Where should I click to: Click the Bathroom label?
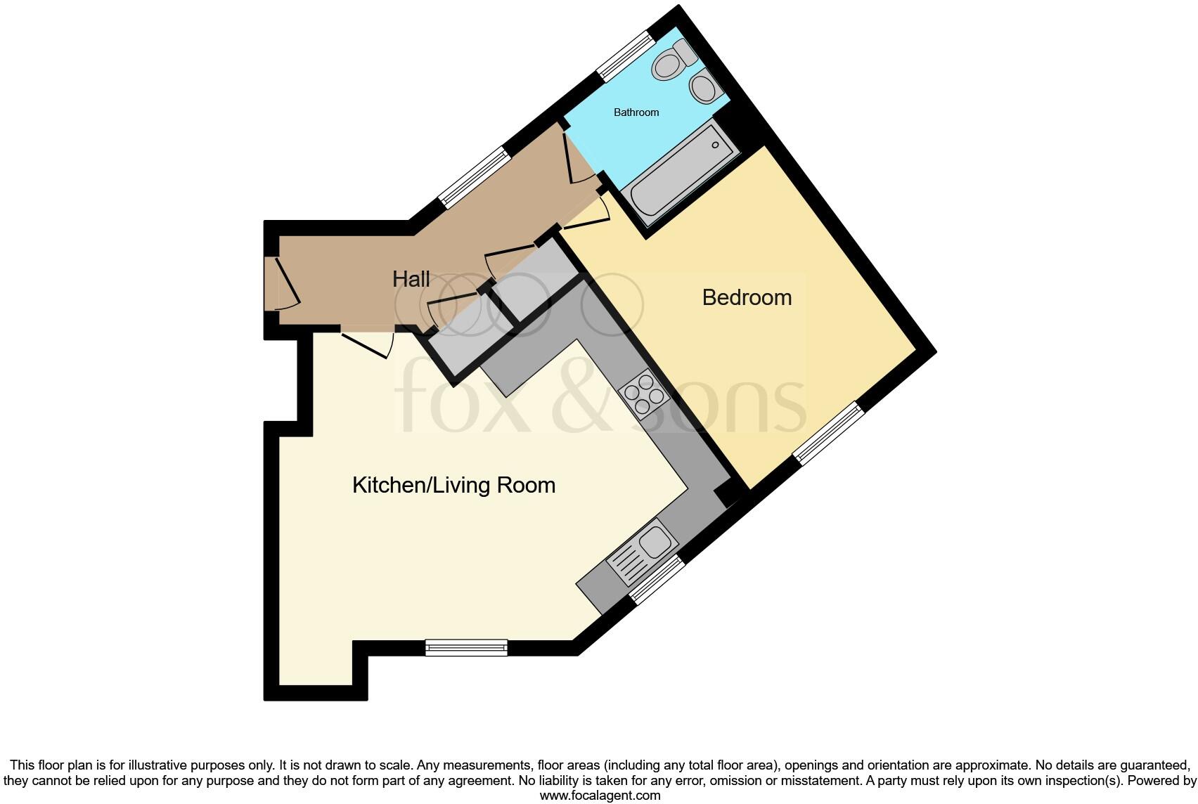(636, 112)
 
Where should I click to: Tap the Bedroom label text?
(747, 297)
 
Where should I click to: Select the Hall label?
(411, 279)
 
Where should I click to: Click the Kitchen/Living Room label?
(453, 485)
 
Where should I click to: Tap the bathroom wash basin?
(704, 88)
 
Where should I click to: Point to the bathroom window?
(625, 56)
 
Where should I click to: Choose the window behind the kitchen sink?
(657, 580)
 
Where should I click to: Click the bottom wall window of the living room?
(466, 647)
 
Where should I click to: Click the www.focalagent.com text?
(600, 796)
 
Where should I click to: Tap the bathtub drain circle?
(715, 145)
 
